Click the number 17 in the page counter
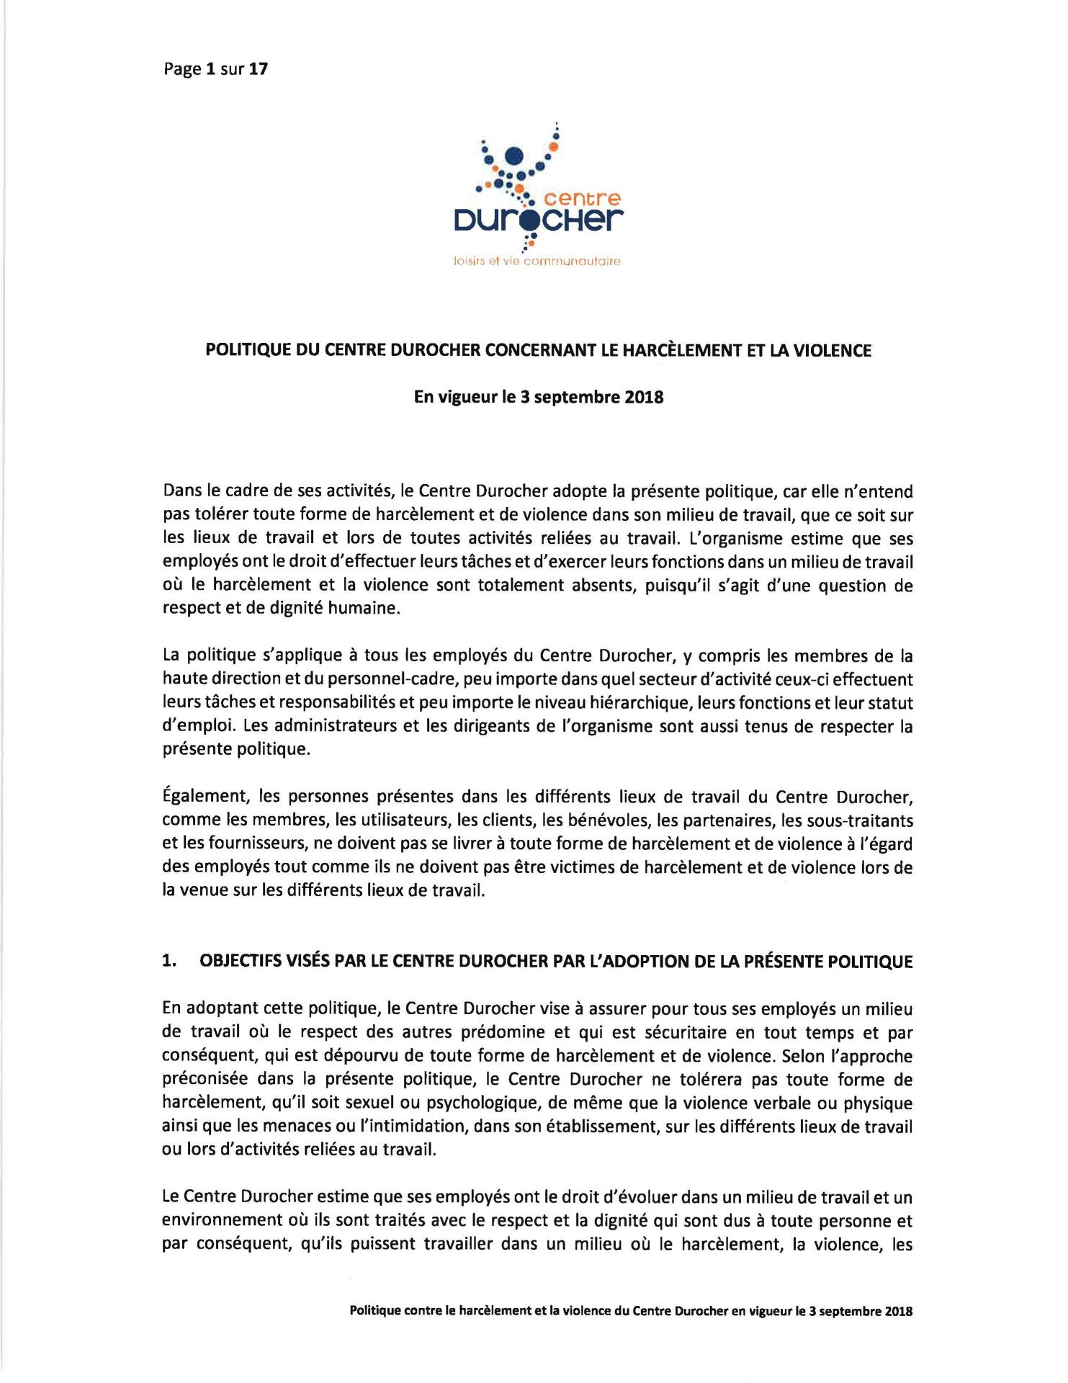coord(259,70)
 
